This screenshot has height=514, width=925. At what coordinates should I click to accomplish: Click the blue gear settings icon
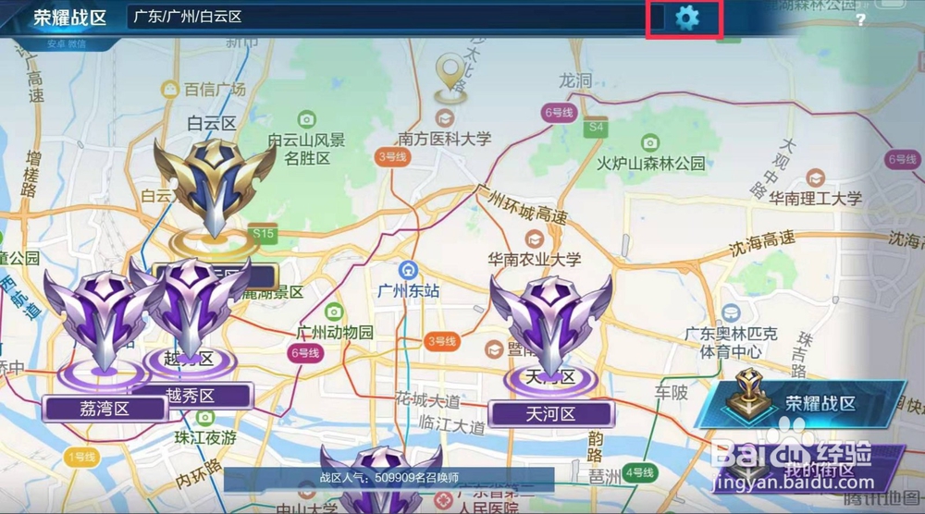tap(686, 18)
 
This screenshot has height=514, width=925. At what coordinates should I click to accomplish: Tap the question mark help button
tap(860, 20)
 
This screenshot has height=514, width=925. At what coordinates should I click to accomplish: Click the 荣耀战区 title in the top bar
tap(69, 18)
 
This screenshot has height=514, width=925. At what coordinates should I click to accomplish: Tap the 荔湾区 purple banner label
tap(104, 408)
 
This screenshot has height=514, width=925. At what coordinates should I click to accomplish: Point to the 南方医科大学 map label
tap(444, 139)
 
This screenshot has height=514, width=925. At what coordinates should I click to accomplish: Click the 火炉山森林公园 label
tap(651, 164)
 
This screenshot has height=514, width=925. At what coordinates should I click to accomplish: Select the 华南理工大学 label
tap(816, 198)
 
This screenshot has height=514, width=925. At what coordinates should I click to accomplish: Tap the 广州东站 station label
tap(408, 290)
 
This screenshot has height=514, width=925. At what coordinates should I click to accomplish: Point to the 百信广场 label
tap(214, 90)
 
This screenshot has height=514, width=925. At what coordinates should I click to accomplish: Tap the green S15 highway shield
tap(263, 234)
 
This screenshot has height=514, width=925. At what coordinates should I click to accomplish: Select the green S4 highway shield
tap(597, 126)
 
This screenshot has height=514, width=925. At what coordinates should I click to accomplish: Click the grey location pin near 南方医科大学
tap(451, 73)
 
